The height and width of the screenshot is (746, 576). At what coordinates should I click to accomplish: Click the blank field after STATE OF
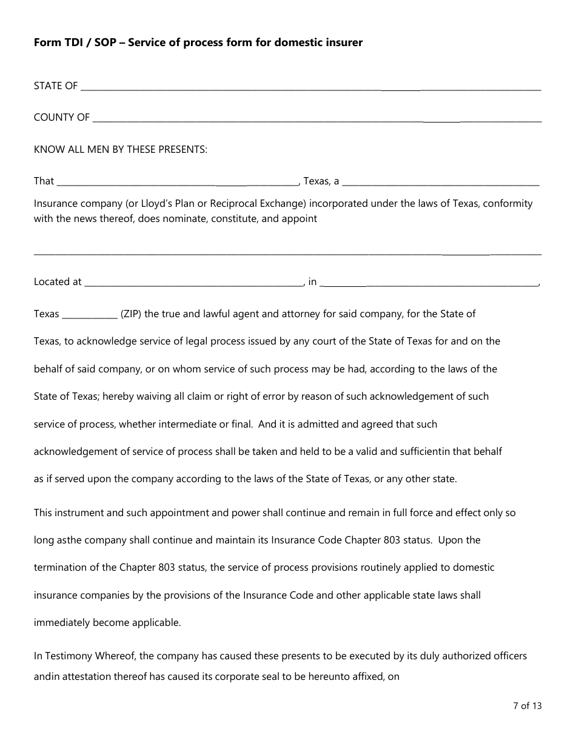point(310,87)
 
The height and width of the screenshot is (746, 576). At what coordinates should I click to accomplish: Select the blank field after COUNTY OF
point(316,118)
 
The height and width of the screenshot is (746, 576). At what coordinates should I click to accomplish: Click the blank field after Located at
point(193,282)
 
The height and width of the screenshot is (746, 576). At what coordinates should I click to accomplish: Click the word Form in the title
point(47,42)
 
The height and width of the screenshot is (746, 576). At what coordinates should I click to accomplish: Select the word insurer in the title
point(344,42)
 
